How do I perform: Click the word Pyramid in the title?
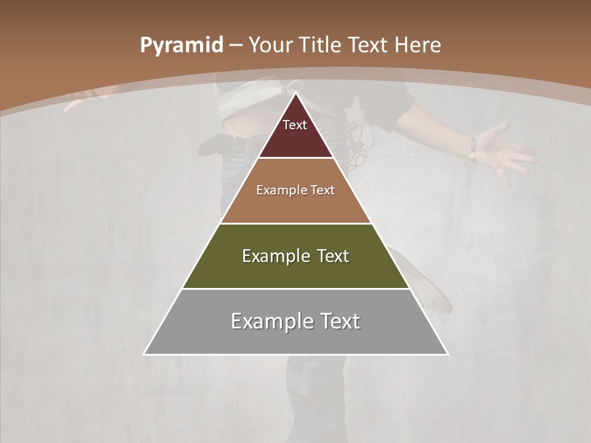182,46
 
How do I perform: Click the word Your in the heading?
270,45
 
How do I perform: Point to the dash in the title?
236,46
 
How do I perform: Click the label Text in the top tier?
295,125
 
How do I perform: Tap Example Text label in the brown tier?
295,190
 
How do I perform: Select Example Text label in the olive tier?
295,256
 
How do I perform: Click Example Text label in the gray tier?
295,321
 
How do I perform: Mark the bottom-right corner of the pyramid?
447,354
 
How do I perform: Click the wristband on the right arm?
473,148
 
